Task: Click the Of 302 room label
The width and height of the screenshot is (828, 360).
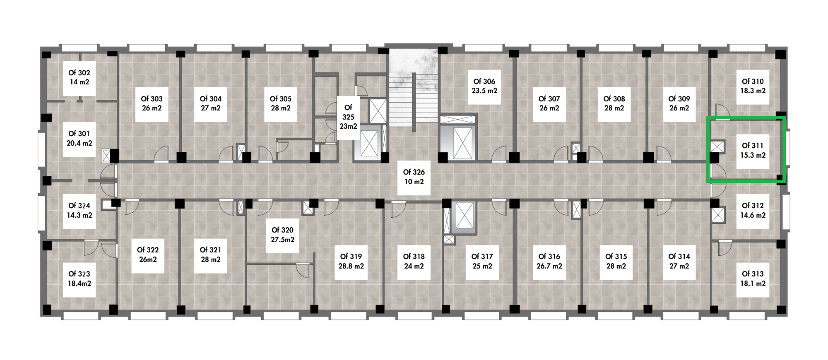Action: click(x=79, y=77)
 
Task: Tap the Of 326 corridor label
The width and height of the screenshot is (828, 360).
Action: click(x=414, y=177)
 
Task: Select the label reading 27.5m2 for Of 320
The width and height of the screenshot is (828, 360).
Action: click(x=283, y=235)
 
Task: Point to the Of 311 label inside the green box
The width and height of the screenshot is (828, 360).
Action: click(x=753, y=151)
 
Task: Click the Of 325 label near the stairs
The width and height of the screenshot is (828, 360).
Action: click(x=348, y=117)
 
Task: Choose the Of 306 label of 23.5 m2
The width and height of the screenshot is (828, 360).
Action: click(x=484, y=86)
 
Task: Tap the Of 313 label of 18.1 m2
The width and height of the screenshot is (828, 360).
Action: click(x=753, y=278)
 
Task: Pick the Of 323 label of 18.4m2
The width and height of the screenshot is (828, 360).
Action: click(x=79, y=278)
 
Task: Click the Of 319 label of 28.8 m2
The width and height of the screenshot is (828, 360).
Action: click(x=351, y=261)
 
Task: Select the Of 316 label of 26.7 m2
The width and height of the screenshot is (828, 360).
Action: click(x=549, y=261)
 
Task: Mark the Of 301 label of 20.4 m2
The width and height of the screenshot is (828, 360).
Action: click(x=79, y=138)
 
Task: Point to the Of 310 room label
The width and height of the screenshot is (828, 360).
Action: click(x=753, y=86)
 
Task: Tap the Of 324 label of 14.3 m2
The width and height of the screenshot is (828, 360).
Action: click(x=79, y=210)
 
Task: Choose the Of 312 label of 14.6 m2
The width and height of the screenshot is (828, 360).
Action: click(x=753, y=210)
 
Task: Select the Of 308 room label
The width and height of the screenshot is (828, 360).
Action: click(x=614, y=103)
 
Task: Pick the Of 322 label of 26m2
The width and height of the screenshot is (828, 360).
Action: click(x=148, y=254)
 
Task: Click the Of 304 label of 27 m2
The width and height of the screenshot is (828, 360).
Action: click(x=210, y=103)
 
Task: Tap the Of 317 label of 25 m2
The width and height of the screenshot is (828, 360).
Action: click(x=482, y=261)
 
